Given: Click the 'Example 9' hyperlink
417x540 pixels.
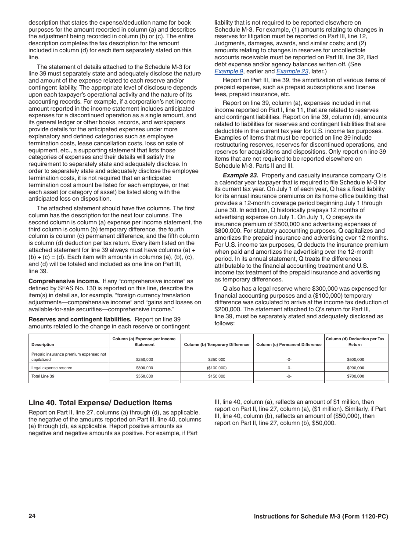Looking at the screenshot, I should [x=229, y=71].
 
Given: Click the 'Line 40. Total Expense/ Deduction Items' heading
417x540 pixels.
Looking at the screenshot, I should [x=100, y=403].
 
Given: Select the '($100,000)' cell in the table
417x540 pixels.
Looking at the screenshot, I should [x=217, y=367].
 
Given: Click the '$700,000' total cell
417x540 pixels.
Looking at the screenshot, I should [x=355, y=376].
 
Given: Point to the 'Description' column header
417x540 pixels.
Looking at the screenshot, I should [x=43, y=345].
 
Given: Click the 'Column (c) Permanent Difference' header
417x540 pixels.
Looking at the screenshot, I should [x=289, y=345].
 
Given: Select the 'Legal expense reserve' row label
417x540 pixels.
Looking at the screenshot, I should [x=52, y=367].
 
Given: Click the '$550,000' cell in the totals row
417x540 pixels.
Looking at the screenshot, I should [x=144, y=376].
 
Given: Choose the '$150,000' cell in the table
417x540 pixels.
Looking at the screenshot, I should [x=217, y=376].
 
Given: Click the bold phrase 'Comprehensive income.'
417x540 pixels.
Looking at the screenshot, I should [x=64, y=281].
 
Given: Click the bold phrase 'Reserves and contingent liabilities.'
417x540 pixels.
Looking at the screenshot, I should [x=80, y=319].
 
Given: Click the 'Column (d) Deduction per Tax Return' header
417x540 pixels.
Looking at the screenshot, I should [x=355, y=342].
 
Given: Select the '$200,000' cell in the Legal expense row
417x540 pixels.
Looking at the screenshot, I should [x=355, y=367].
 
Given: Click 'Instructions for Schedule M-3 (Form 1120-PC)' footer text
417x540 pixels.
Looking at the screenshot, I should [x=321, y=516].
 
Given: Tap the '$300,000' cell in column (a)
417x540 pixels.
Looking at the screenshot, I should [x=144, y=367].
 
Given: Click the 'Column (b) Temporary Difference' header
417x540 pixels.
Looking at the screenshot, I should [x=217, y=345].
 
